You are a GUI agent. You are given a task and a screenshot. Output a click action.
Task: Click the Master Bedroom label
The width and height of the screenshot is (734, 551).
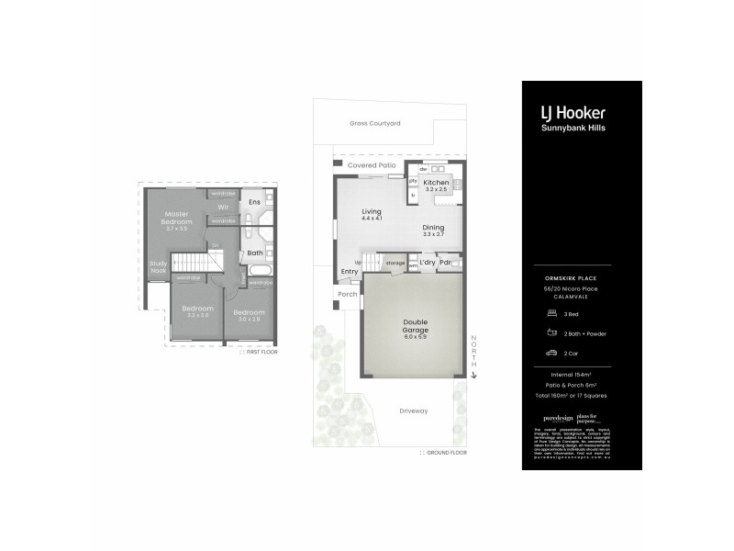pyautogui.click(x=178, y=219)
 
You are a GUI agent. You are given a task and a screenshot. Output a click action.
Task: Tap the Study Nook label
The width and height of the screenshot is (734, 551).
pyautogui.click(x=158, y=267)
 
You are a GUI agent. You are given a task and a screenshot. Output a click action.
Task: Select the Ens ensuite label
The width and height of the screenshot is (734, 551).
pyautogui.click(x=254, y=201)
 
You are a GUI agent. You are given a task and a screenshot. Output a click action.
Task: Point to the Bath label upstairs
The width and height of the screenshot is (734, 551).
pyautogui.click(x=254, y=253)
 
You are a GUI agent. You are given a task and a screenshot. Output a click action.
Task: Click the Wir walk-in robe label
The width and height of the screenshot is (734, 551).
pyautogui.click(x=223, y=208)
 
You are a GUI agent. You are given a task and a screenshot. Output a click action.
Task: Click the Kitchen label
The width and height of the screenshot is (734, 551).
pyautogui.click(x=436, y=183)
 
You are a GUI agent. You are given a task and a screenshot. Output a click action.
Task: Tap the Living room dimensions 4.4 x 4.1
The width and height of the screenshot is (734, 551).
pyautogui.click(x=371, y=219)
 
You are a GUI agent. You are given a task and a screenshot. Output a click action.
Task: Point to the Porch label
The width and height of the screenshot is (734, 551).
pyautogui.click(x=349, y=295)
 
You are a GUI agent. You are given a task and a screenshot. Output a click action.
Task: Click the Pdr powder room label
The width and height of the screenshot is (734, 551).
pyautogui.click(x=446, y=263)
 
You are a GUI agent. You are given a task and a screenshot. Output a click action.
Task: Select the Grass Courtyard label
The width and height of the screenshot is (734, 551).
pyautogui.click(x=375, y=122)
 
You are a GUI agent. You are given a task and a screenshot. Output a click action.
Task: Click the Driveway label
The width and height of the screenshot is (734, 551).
pyautogui.click(x=415, y=410)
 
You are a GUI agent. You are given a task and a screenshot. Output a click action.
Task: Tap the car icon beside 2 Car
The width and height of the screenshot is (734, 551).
pyautogui.click(x=551, y=352)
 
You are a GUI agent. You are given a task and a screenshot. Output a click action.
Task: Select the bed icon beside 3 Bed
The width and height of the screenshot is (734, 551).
pyautogui.click(x=551, y=313)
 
